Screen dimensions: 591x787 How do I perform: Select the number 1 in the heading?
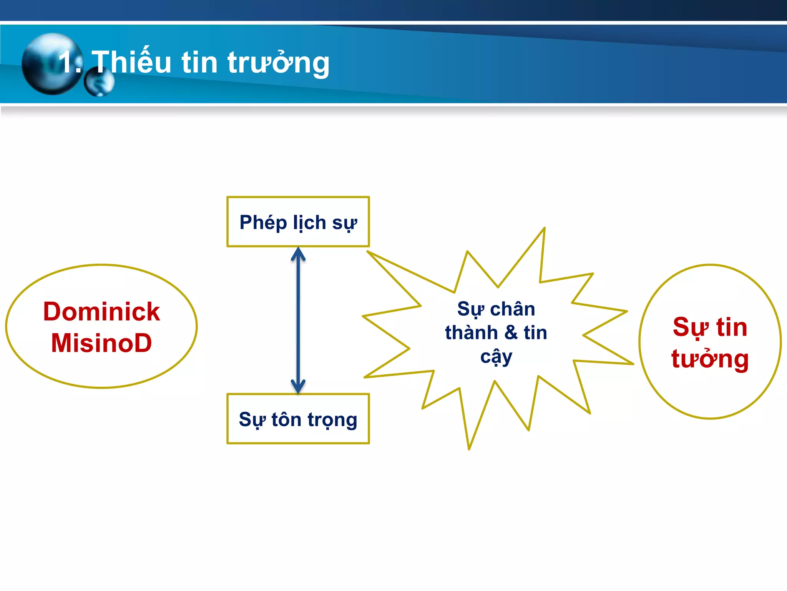pos(66,62)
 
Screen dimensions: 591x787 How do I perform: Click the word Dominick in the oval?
pos(101,311)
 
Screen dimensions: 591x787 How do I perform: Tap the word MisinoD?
pos(101,343)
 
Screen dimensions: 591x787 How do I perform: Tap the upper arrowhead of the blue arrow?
pos(298,254)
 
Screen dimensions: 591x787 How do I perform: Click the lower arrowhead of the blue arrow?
pos(298,386)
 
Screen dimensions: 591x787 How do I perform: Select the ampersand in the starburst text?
pos(511,333)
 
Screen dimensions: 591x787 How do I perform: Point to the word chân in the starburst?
pos(513,309)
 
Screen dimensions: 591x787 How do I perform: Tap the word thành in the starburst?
pos(471,333)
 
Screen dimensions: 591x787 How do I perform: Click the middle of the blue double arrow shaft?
pos(298,320)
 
